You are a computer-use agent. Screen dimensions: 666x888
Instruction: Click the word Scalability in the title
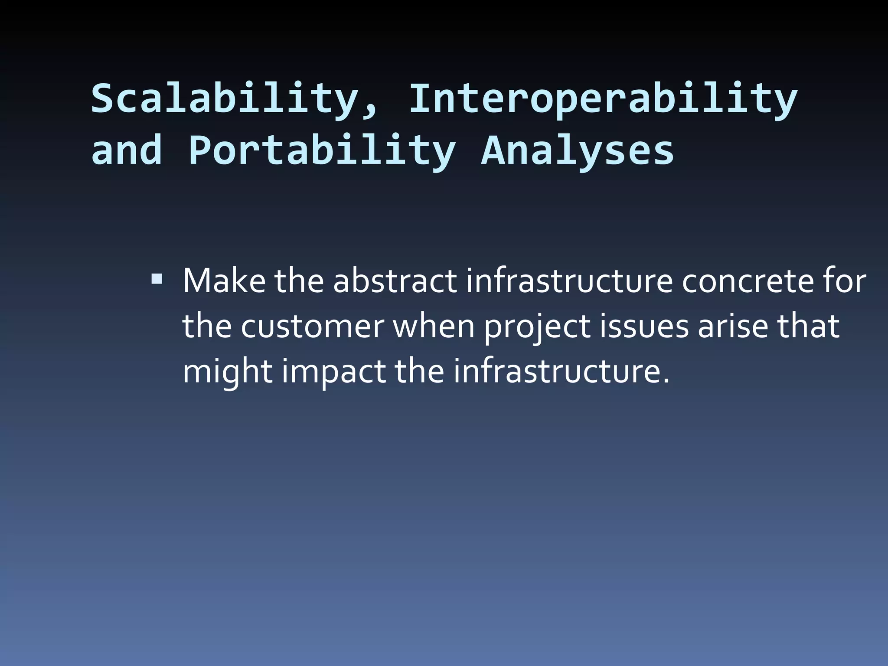coord(223,99)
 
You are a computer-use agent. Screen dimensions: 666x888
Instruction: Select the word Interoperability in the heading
coord(603,99)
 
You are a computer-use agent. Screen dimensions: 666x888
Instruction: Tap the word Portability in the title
coord(322,151)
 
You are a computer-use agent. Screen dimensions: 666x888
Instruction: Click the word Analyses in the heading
coord(578,151)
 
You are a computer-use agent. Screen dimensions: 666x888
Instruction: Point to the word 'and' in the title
coord(127,150)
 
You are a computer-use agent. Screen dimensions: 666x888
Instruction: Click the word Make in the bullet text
coord(224,281)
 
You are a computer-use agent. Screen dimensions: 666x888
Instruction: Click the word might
coord(227,372)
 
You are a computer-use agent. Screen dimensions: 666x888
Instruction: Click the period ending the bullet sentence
coord(666,382)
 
